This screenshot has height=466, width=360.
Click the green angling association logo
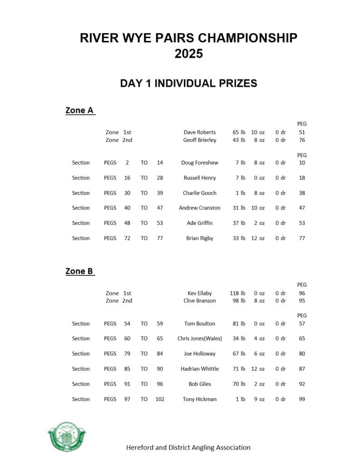[66, 437]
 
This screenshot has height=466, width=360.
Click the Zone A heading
[79, 110]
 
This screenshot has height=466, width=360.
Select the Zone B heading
[79, 271]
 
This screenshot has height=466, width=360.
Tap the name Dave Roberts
[200, 132]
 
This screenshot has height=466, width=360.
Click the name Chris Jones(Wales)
[200, 339]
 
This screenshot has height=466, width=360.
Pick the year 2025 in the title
[188, 54]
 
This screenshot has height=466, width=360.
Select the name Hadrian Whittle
[200, 369]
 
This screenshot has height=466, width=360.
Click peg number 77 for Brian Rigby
[302, 238]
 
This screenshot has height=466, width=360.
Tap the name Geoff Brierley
[200, 140]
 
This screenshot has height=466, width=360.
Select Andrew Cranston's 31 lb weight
[239, 208]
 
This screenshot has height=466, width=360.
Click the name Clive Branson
[200, 301]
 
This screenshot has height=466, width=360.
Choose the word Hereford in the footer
[140, 447]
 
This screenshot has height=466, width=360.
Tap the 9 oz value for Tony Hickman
[258, 399]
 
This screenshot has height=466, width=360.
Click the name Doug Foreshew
[200, 163]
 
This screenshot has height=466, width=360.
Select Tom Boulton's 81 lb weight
[239, 324]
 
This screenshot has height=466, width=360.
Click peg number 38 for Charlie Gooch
[302, 193]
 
